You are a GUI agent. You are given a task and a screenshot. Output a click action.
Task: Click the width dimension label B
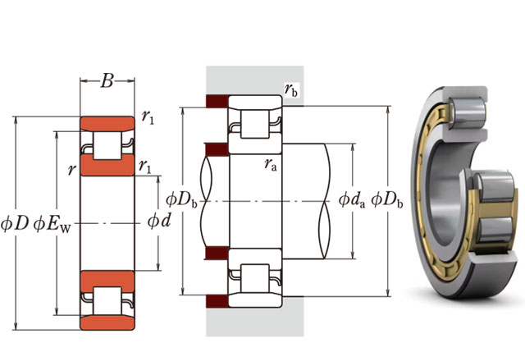click(x=107, y=81)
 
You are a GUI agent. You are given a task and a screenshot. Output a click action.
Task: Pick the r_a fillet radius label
click(x=271, y=164)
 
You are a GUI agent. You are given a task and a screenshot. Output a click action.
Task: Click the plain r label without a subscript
click(x=72, y=170)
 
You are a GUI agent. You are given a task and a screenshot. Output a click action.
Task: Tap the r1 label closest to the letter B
click(x=148, y=117)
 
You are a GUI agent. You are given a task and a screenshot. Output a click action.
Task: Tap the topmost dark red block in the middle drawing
click(x=216, y=102)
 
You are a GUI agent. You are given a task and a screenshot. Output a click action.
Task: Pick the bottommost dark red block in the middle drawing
click(x=216, y=296)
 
